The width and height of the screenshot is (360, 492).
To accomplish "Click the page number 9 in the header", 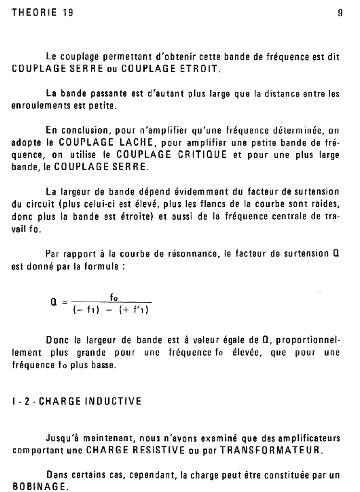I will (340, 13).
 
